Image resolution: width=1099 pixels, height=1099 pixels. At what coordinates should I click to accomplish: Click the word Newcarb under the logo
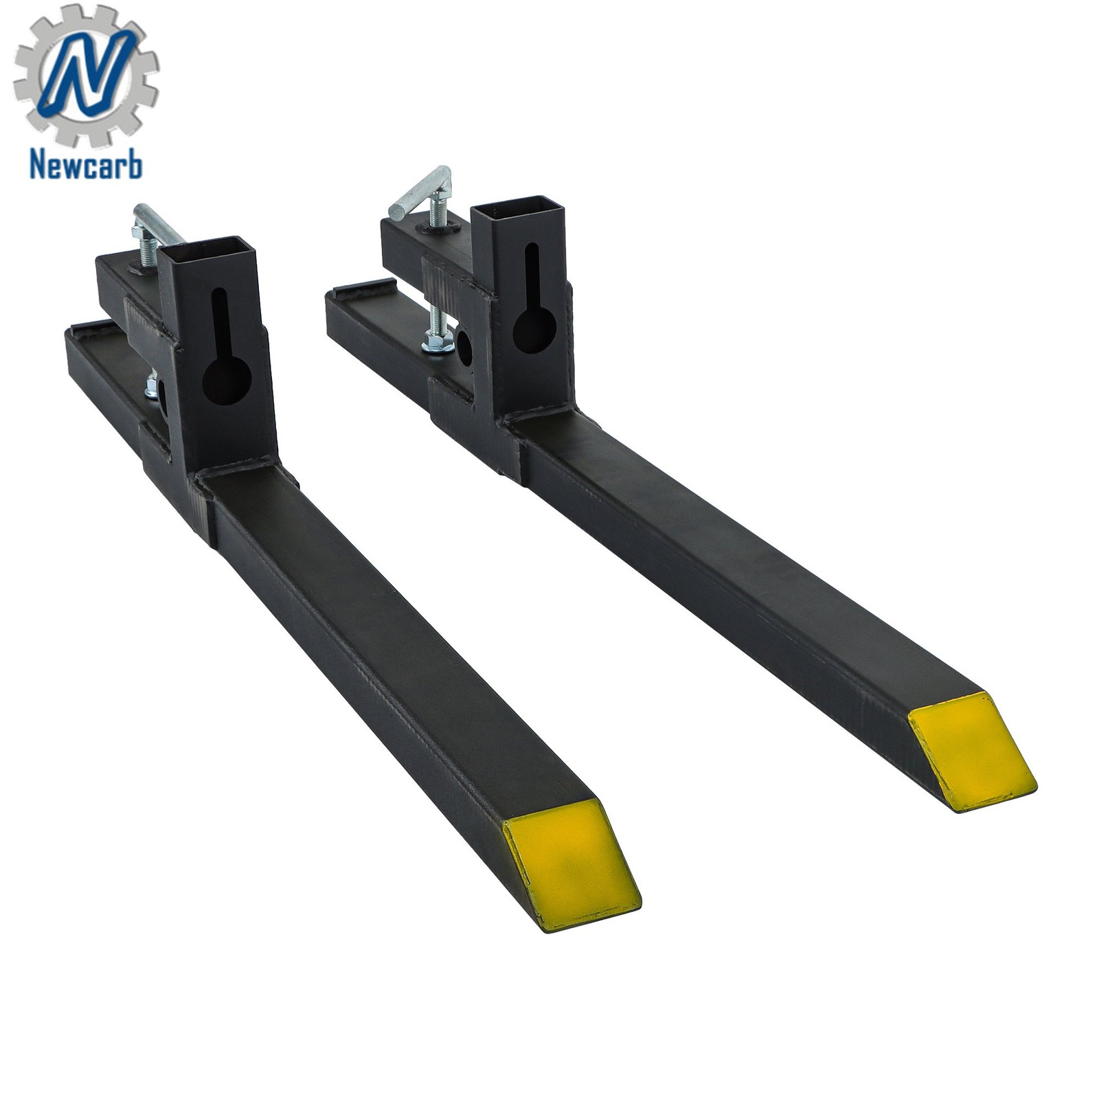click(x=86, y=165)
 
